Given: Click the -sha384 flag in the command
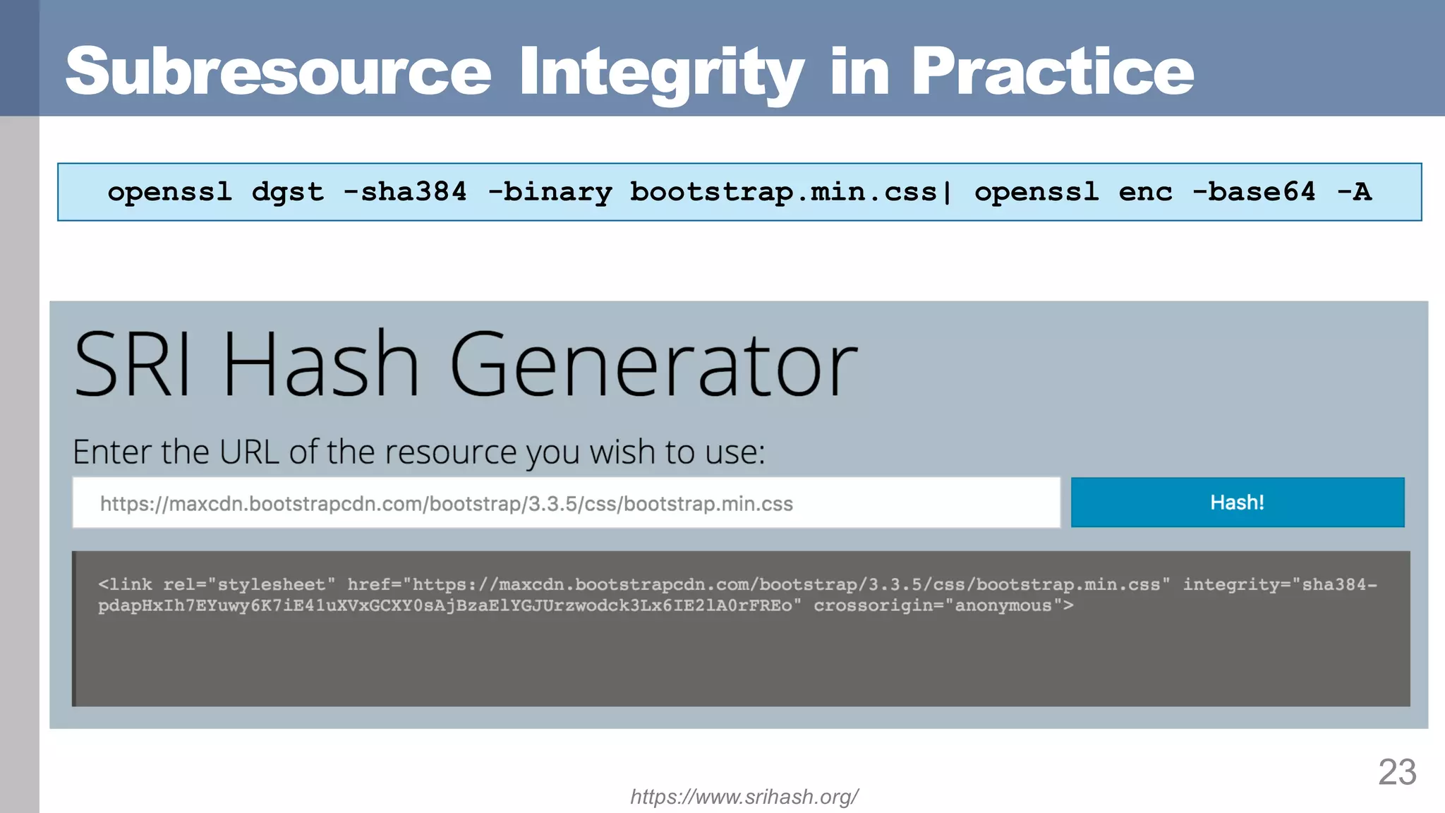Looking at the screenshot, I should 405,192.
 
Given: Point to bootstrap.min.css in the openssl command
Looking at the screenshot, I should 783,192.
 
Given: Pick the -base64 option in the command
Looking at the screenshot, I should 1254,192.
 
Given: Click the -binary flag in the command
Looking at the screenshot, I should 550,192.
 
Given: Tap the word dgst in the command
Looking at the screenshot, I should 288,192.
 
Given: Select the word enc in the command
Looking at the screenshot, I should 1145,192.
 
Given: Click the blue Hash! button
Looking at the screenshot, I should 1237,502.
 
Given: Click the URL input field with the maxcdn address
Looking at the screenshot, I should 566,503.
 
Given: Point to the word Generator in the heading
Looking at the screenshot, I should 653,365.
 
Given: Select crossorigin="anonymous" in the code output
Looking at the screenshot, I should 943,606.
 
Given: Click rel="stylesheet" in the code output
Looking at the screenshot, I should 249,584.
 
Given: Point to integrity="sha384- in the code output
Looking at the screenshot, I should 1279,584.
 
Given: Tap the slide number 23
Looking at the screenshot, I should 1397,771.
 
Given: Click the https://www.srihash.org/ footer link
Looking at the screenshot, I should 744,797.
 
